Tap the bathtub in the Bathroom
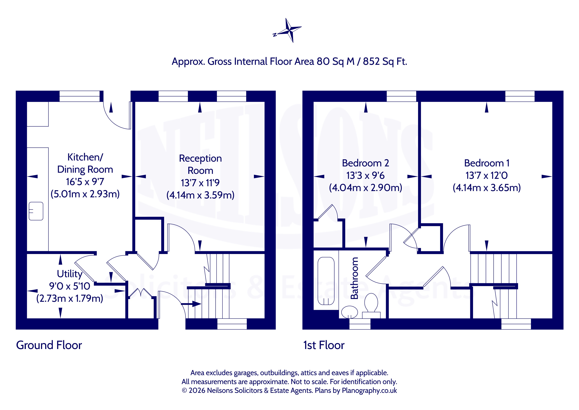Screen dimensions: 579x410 (x=326, y=281)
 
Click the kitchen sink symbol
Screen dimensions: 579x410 (x=36, y=211)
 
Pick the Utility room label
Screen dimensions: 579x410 (x=70, y=274)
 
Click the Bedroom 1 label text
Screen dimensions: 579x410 (x=487, y=163)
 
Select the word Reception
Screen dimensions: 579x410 (x=200, y=158)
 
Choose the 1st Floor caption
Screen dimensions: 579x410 (x=324, y=345)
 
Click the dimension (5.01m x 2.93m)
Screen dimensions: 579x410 (x=85, y=194)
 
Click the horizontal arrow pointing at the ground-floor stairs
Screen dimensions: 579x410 (x=191, y=304)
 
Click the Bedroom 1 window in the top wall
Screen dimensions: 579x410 (x=520, y=96)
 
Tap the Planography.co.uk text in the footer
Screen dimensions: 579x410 (x=369, y=390)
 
